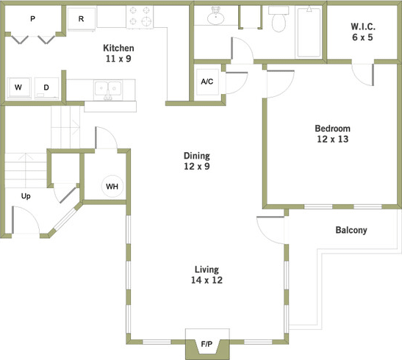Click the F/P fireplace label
click(x=207, y=344)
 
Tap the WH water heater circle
click(x=112, y=186)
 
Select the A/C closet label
click(x=207, y=81)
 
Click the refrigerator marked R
click(x=81, y=19)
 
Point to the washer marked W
click(x=18, y=88)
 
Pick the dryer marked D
click(x=46, y=88)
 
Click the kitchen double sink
click(x=109, y=90)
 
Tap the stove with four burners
click(x=138, y=15)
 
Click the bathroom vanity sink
click(x=215, y=17)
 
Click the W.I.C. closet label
click(x=362, y=31)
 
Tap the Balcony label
click(x=351, y=230)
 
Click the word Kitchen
click(x=118, y=48)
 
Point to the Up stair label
click(x=26, y=196)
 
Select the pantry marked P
click(x=32, y=19)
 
